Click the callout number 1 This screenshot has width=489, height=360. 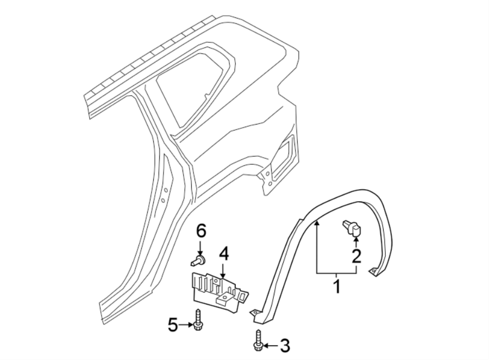pyautogui.click(x=336, y=286)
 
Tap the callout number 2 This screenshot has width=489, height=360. pyautogui.click(x=356, y=256)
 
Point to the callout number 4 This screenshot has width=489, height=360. pyautogui.click(x=223, y=254)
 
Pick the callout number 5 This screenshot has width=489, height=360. pyautogui.click(x=173, y=325)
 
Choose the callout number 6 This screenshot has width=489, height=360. pyautogui.click(x=201, y=231)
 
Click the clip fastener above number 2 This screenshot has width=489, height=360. pyautogui.click(x=351, y=229)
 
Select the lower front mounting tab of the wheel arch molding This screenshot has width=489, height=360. pyautogui.click(x=255, y=314)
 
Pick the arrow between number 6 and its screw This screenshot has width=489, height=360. pyautogui.click(x=200, y=247)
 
